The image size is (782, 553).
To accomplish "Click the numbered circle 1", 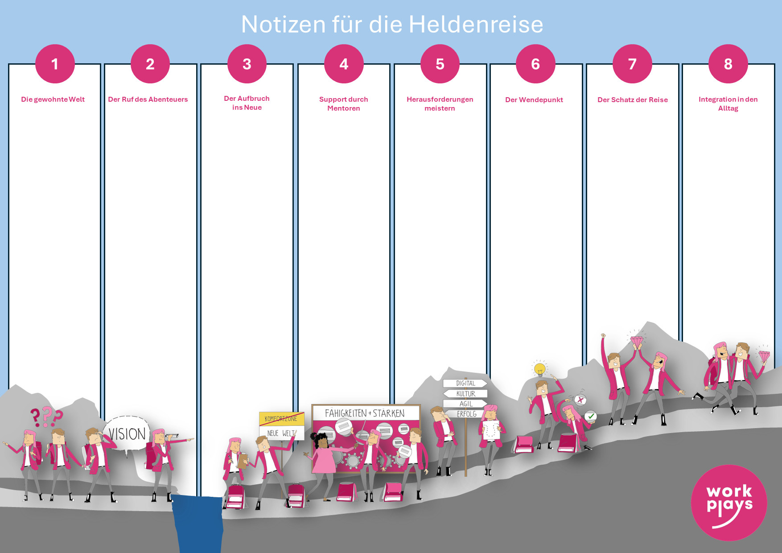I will pos(55,64).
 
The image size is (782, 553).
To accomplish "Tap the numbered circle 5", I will pos(440,64).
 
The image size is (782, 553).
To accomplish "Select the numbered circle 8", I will pos(728,64).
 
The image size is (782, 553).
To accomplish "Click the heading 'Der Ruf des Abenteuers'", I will pos(148,99).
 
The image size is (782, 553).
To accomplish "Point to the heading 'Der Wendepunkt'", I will pos(534,100).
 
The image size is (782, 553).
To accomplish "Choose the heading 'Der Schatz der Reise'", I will pos(632,100).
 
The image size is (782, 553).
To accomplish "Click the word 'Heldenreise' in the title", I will pos(476,25).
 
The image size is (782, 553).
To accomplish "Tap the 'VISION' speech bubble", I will pos(127,434).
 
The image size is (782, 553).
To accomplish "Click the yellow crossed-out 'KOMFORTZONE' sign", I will pos(281,419).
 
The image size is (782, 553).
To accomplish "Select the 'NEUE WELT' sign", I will pos(281,433).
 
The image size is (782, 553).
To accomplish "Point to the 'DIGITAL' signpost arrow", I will pos(465,383).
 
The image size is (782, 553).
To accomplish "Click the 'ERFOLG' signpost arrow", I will pos(466,414).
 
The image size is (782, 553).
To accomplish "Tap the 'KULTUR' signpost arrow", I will pos(465,393).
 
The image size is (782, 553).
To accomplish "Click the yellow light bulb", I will pos(540,369).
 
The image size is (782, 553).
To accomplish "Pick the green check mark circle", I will pos(591,417).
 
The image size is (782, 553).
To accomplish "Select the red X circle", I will pos(580,400).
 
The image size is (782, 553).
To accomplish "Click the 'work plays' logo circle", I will pos(729,503).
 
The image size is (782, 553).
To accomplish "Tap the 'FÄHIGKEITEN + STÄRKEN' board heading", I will pos(365,413).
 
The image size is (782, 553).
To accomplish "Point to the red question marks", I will pos(46,417).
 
